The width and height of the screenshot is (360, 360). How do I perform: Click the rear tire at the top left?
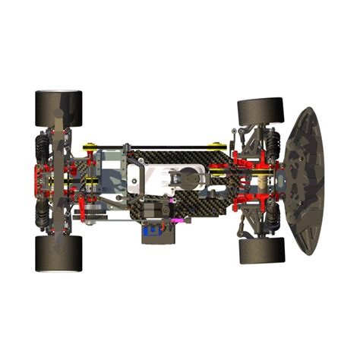[58, 109]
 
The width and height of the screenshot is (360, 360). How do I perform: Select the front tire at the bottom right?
[261, 250]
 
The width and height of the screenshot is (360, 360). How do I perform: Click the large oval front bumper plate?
[305, 181]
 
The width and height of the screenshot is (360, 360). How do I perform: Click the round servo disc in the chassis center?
[187, 180]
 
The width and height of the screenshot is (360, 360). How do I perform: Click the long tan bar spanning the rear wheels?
[58, 181]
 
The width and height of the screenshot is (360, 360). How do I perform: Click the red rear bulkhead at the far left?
[37, 181]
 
